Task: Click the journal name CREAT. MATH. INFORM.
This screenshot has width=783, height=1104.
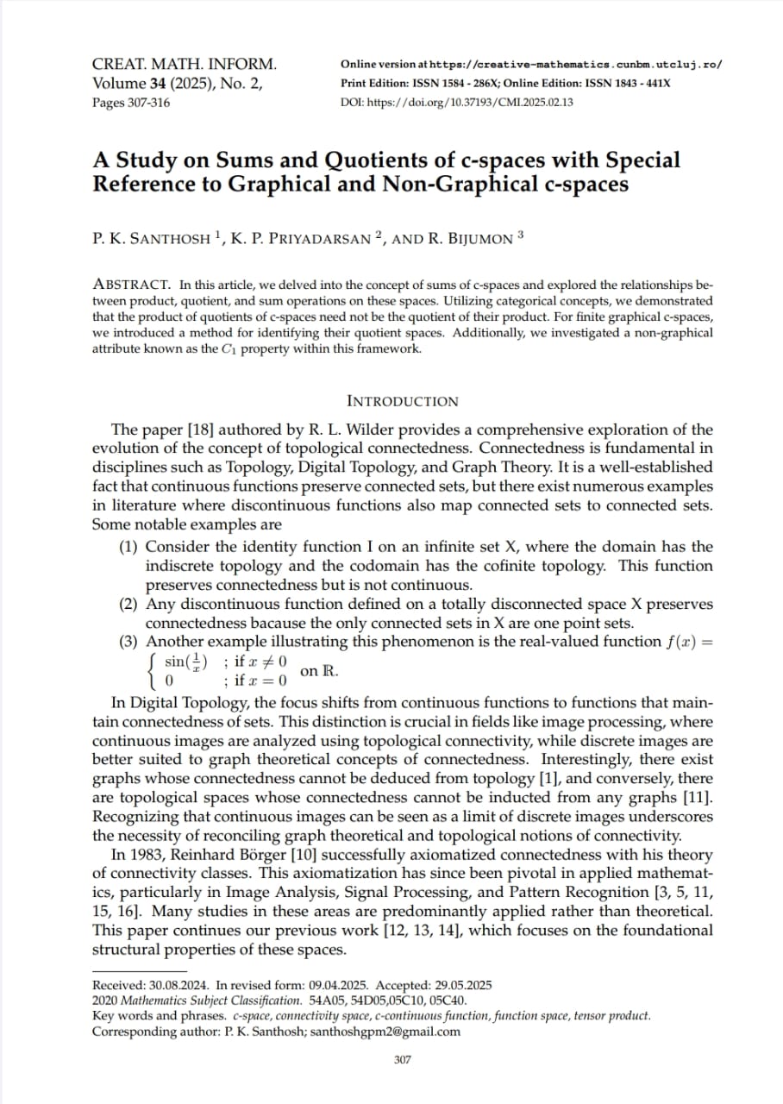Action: click(184, 65)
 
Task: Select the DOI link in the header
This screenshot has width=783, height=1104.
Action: click(458, 103)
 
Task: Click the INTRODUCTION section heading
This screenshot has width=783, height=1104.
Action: click(402, 401)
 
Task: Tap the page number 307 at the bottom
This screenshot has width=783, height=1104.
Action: click(402, 1059)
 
